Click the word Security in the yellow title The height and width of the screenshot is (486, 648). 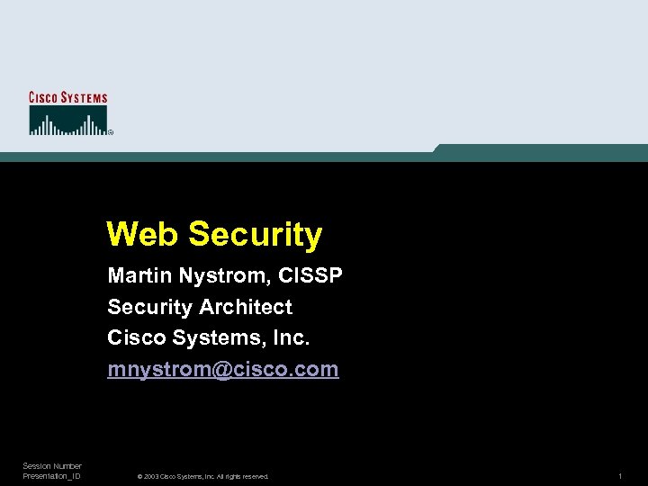pyautogui.click(x=256, y=235)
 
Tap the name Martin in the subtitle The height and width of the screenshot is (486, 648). pyautogui.click(x=137, y=275)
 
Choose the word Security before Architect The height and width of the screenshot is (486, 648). pyautogui.click(x=148, y=307)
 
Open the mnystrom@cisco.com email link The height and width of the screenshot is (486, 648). pyautogui.click(x=223, y=370)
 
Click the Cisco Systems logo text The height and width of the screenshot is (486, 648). pyautogui.click(x=68, y=97)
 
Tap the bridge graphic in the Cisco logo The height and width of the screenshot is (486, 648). pyautogui.click(x=67, y=121)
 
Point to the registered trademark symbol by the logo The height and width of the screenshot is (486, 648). pyautogui.click(x=111, y=132)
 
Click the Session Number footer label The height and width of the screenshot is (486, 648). pyautogui.click(x=52, y=466)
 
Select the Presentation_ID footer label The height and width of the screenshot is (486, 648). pyautogui.click(x=52, y=476)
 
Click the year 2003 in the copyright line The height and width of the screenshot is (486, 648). pyautogui.click(x=151, y=476)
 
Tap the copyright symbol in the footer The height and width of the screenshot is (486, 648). pyautogui.click(x=139, y=476)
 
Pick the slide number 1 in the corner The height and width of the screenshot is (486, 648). pyautogui.click(x=620, y=475)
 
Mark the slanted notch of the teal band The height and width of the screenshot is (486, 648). pyautogui.click(x=437, y=148)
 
